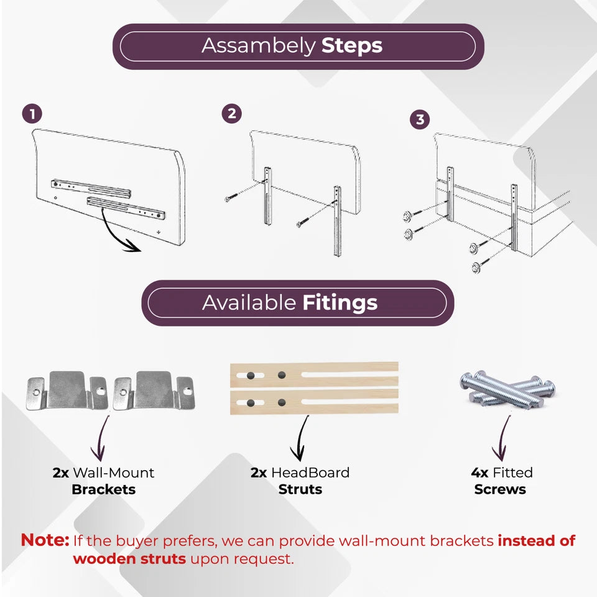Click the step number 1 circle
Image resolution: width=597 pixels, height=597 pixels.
pyautogui.click(x=32, y=114)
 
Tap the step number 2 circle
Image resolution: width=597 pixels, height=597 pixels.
pyautogui.click(x=232, y=113)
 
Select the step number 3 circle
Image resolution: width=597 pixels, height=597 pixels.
pyautogui.click(x=420, y=119)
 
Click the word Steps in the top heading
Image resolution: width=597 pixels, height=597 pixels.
pyautogui.click(x=351, y=46)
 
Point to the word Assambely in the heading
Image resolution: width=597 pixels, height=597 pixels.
pyautogui.click(x=258, y=46)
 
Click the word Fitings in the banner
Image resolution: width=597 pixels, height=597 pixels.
pyautogui.click(x=340, y=303)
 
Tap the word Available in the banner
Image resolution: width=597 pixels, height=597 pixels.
pyautogui.click(x=249, y=303)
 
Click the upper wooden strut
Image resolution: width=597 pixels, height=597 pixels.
pyautogui.click(x=314, y=376)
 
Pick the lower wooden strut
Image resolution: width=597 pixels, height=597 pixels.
pyautogui.click(x=314, y=402)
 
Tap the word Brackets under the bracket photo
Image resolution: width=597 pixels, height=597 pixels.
pyautogui.click(x=103, y=489)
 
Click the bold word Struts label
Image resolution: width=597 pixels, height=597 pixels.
pyautogui.click(x=300, y=489)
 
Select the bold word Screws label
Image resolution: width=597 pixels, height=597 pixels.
pyautogui.click(x=500, y=489)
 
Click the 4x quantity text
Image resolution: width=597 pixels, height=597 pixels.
pyautogui.click(x=479, y=473)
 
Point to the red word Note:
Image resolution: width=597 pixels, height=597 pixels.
pyautogui.click(x=45, y=540)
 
